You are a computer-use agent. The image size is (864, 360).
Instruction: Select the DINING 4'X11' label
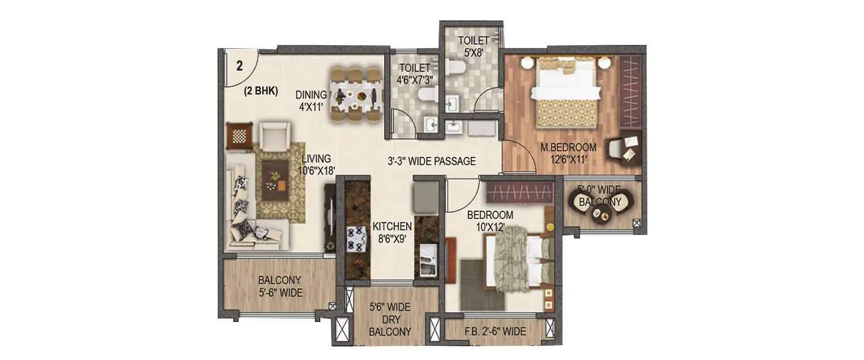pyautogui.click(x=312, y=100)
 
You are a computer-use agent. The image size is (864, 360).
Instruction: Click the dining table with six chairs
pyautogui.click(x=358, y=95)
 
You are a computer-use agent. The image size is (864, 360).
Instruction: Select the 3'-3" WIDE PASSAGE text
pyautogui.click(x=431, y=161)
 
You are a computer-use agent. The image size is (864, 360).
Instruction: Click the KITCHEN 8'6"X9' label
pyautogui.click(x=392, y=232)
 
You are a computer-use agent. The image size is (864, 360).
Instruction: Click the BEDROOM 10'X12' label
pyautogui.click(x=490, y=221)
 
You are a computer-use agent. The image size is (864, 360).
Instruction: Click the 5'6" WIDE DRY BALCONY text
pyautogui.click(x=390, y=320)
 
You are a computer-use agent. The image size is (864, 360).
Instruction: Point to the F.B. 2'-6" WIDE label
pyautogui.click(x=495, y=332)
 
